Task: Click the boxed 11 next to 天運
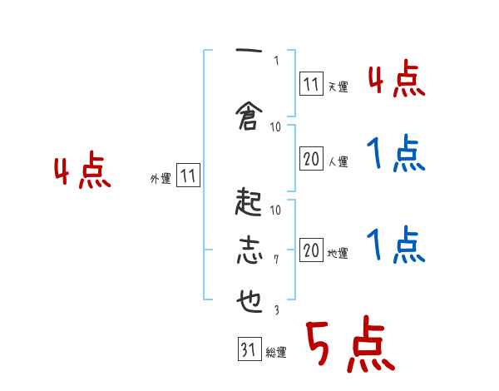[311, 83]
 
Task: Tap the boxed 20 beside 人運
[311, 160]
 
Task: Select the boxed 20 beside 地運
[311, 250]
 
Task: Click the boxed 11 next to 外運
[188, 176]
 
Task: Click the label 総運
[276, 353]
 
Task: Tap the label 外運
[161, 178]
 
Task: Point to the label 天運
[338, 86]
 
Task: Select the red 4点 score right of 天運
[396, 80]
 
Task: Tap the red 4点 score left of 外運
[82, 173]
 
